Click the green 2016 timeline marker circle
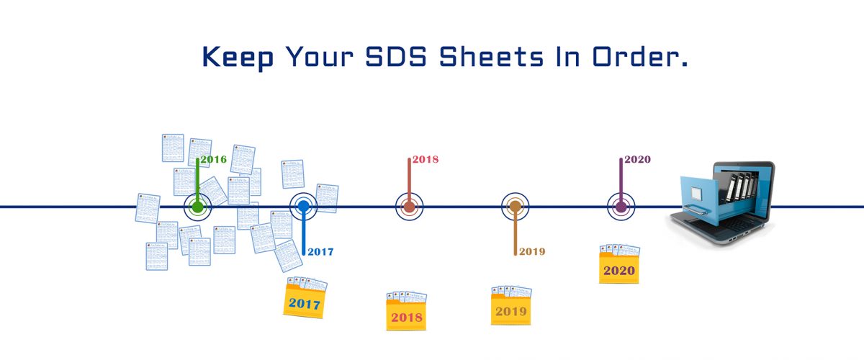[197, 207]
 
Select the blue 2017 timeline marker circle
[303, 207]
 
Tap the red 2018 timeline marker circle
[409, 207]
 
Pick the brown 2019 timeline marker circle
[515, 207]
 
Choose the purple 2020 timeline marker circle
[621, 207]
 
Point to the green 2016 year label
[213, 159]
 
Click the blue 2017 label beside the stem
[320, 252]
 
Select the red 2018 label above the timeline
[426, 159]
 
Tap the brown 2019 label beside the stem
[531, 252]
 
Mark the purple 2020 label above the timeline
[637, 159]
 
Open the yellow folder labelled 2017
[305, 301]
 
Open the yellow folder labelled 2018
[406, 314]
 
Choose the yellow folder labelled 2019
[510, 309]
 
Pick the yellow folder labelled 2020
[619, 268]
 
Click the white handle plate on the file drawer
[696, 193]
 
